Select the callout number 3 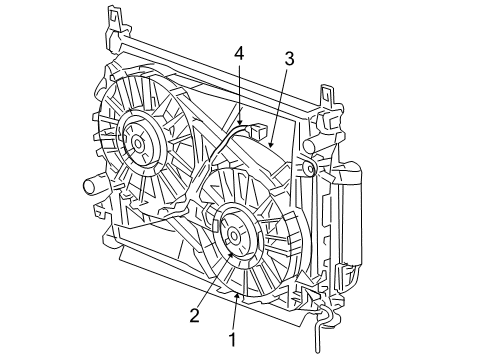tap(288, 59)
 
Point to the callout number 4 tap(238, 51)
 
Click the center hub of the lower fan tap(234, 237)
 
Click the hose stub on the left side tap(87, 185)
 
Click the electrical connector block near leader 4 tap(257, 131)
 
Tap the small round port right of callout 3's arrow tap(311, 170)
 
